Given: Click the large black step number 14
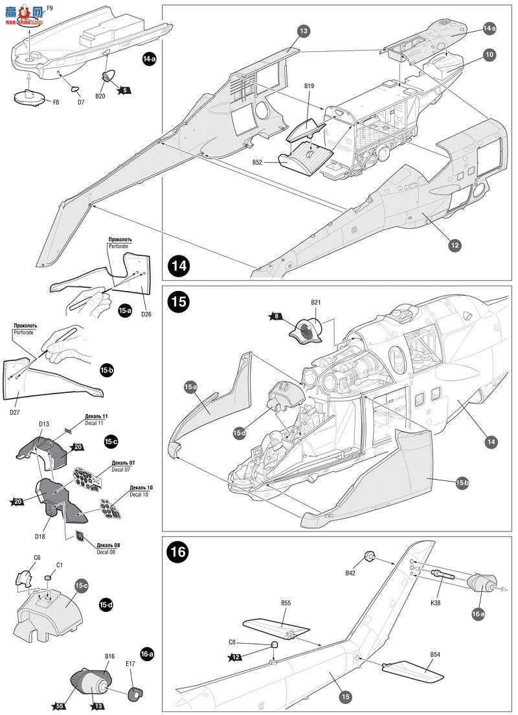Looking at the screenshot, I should [x=179, y=266].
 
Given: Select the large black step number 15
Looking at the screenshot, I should [x=179, y=301].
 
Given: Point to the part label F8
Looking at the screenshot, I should [x=56, y=102].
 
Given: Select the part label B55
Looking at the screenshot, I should [x=286, y=603].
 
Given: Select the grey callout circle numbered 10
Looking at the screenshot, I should [x=489, y=55].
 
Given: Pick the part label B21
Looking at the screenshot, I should [x=316, y=303].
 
